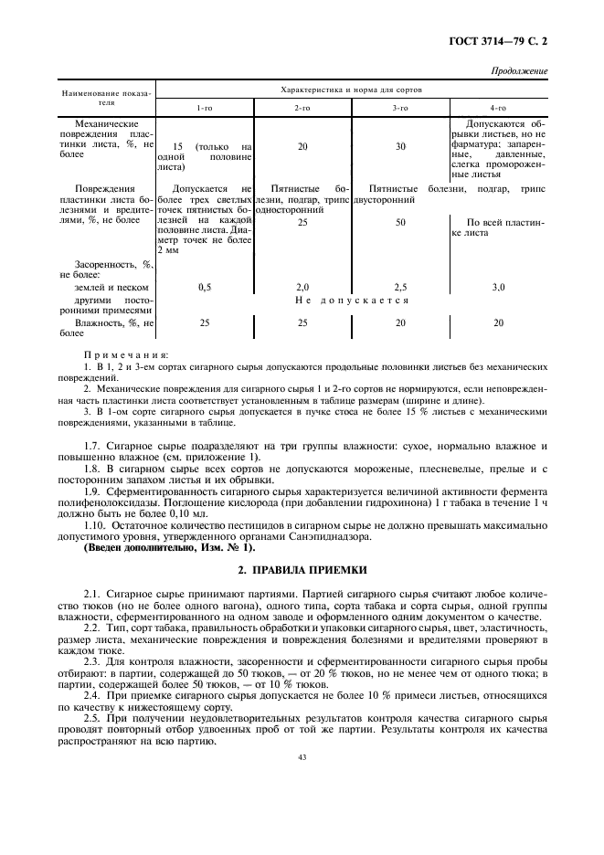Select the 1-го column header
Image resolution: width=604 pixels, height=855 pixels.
point(205,108)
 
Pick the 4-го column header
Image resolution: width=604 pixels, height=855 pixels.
point(498,108)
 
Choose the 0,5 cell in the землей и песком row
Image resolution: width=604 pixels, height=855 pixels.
point(205,287)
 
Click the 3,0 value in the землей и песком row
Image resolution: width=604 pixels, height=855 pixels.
point(498,287)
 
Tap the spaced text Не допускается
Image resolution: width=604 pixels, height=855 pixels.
point(352,300)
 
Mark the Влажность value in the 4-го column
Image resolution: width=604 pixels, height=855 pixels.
point(498,322)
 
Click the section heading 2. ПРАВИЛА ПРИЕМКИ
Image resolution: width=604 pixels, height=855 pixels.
point(302,569)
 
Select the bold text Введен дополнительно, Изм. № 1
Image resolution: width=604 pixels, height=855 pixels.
point(170,547)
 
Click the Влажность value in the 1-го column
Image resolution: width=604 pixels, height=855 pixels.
point(205,322)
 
